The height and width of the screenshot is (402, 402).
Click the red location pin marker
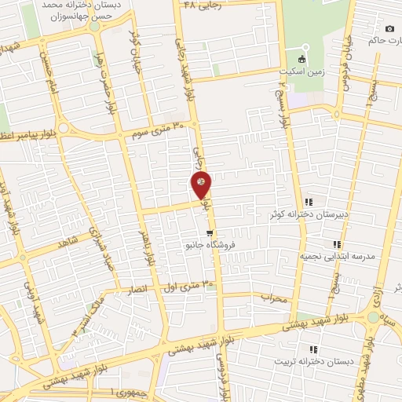click(202, 184)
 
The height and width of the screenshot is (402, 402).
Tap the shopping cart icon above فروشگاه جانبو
click(209, 233)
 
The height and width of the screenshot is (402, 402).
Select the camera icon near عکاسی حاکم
click(390, 29)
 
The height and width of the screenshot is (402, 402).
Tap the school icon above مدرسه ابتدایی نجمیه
click(337, 245)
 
